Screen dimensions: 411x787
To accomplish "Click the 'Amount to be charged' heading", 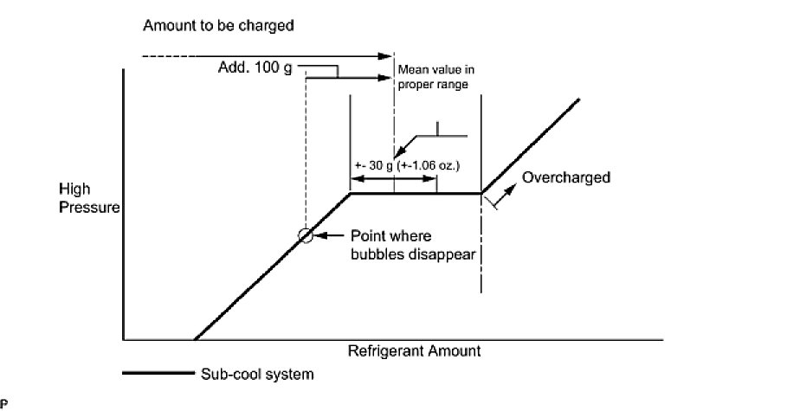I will [218, 25].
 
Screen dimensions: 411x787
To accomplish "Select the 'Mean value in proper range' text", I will [436, 77].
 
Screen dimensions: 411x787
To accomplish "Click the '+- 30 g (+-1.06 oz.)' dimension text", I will [406, 164].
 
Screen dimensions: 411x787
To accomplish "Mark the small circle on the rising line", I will [305, 234].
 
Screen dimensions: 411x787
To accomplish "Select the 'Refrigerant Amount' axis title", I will [414, 352].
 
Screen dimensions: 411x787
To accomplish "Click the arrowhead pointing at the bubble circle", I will [319, 234].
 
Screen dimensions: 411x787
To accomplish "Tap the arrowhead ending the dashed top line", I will [389, 57].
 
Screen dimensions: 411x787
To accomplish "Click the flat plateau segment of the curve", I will [416, 193].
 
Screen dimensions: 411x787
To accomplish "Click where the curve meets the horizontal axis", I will [195, 338].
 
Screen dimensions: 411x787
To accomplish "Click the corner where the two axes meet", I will [125, 338].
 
